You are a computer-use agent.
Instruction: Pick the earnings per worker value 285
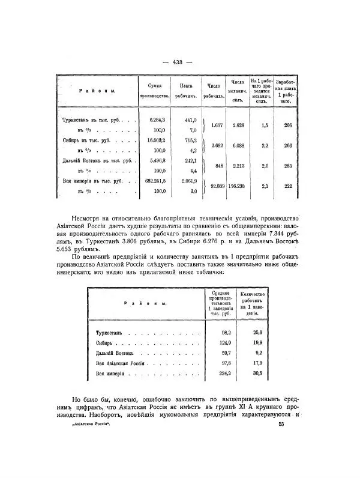click(x=288, y=166)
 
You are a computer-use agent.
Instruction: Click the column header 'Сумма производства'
click(x=155, y=90)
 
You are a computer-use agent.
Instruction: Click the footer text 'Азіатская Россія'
click(x=95, y=425)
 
